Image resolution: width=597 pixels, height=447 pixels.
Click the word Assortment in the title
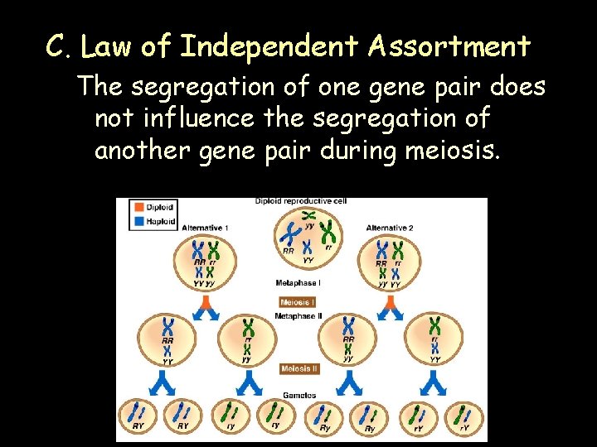449,47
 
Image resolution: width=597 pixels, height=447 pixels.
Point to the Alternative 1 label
205,228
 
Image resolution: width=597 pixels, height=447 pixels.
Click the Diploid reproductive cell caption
300,201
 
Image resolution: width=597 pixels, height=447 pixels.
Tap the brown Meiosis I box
298,302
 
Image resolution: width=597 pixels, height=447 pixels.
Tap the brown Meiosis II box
298,368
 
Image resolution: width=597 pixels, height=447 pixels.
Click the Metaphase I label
298,283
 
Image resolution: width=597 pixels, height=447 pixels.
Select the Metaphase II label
298,315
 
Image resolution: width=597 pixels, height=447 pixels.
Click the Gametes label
298,395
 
